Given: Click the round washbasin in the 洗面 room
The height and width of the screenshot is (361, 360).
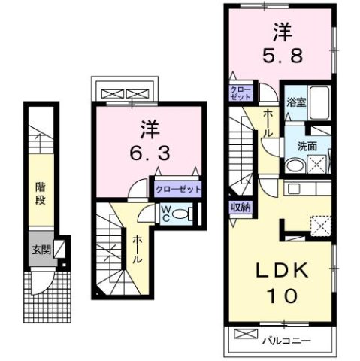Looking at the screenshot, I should coord(295,166).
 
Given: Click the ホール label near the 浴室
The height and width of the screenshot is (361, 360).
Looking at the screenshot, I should coord(268,122).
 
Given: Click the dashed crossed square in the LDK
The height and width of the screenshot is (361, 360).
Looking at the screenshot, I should coord(320,223).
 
